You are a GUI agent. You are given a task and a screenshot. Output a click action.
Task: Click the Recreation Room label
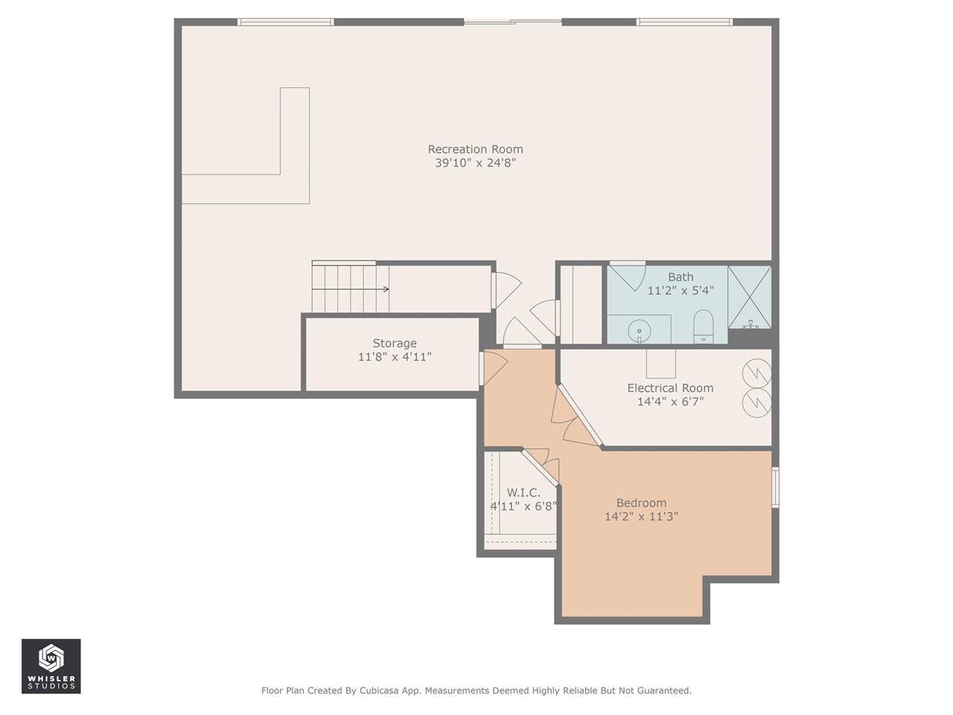475,149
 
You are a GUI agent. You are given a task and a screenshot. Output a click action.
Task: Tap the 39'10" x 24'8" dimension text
475,163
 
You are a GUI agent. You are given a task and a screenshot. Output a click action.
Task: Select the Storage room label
395,343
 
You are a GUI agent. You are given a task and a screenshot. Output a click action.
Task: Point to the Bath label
681,277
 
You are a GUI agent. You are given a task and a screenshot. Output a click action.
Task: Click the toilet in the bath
703,326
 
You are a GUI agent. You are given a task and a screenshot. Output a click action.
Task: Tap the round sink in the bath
639,330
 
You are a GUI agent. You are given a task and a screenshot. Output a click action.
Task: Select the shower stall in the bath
750,296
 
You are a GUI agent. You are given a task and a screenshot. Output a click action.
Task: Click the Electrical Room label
670,388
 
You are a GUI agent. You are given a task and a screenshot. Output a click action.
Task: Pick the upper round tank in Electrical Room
757,372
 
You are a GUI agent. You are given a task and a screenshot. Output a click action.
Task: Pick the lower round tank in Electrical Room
757,402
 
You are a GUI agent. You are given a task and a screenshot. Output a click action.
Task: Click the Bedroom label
641,503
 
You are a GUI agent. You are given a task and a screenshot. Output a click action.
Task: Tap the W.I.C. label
523,492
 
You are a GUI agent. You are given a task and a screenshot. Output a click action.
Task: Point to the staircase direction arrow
384,289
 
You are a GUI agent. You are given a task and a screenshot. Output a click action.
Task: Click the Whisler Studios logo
51,666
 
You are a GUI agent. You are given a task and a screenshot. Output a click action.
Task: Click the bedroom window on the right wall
775,487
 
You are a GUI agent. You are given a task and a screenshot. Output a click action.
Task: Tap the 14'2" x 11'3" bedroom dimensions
641,516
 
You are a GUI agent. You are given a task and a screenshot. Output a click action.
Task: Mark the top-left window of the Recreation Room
285,22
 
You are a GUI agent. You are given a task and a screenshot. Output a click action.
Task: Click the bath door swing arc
628,276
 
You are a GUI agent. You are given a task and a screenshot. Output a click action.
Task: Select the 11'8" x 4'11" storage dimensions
395,357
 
